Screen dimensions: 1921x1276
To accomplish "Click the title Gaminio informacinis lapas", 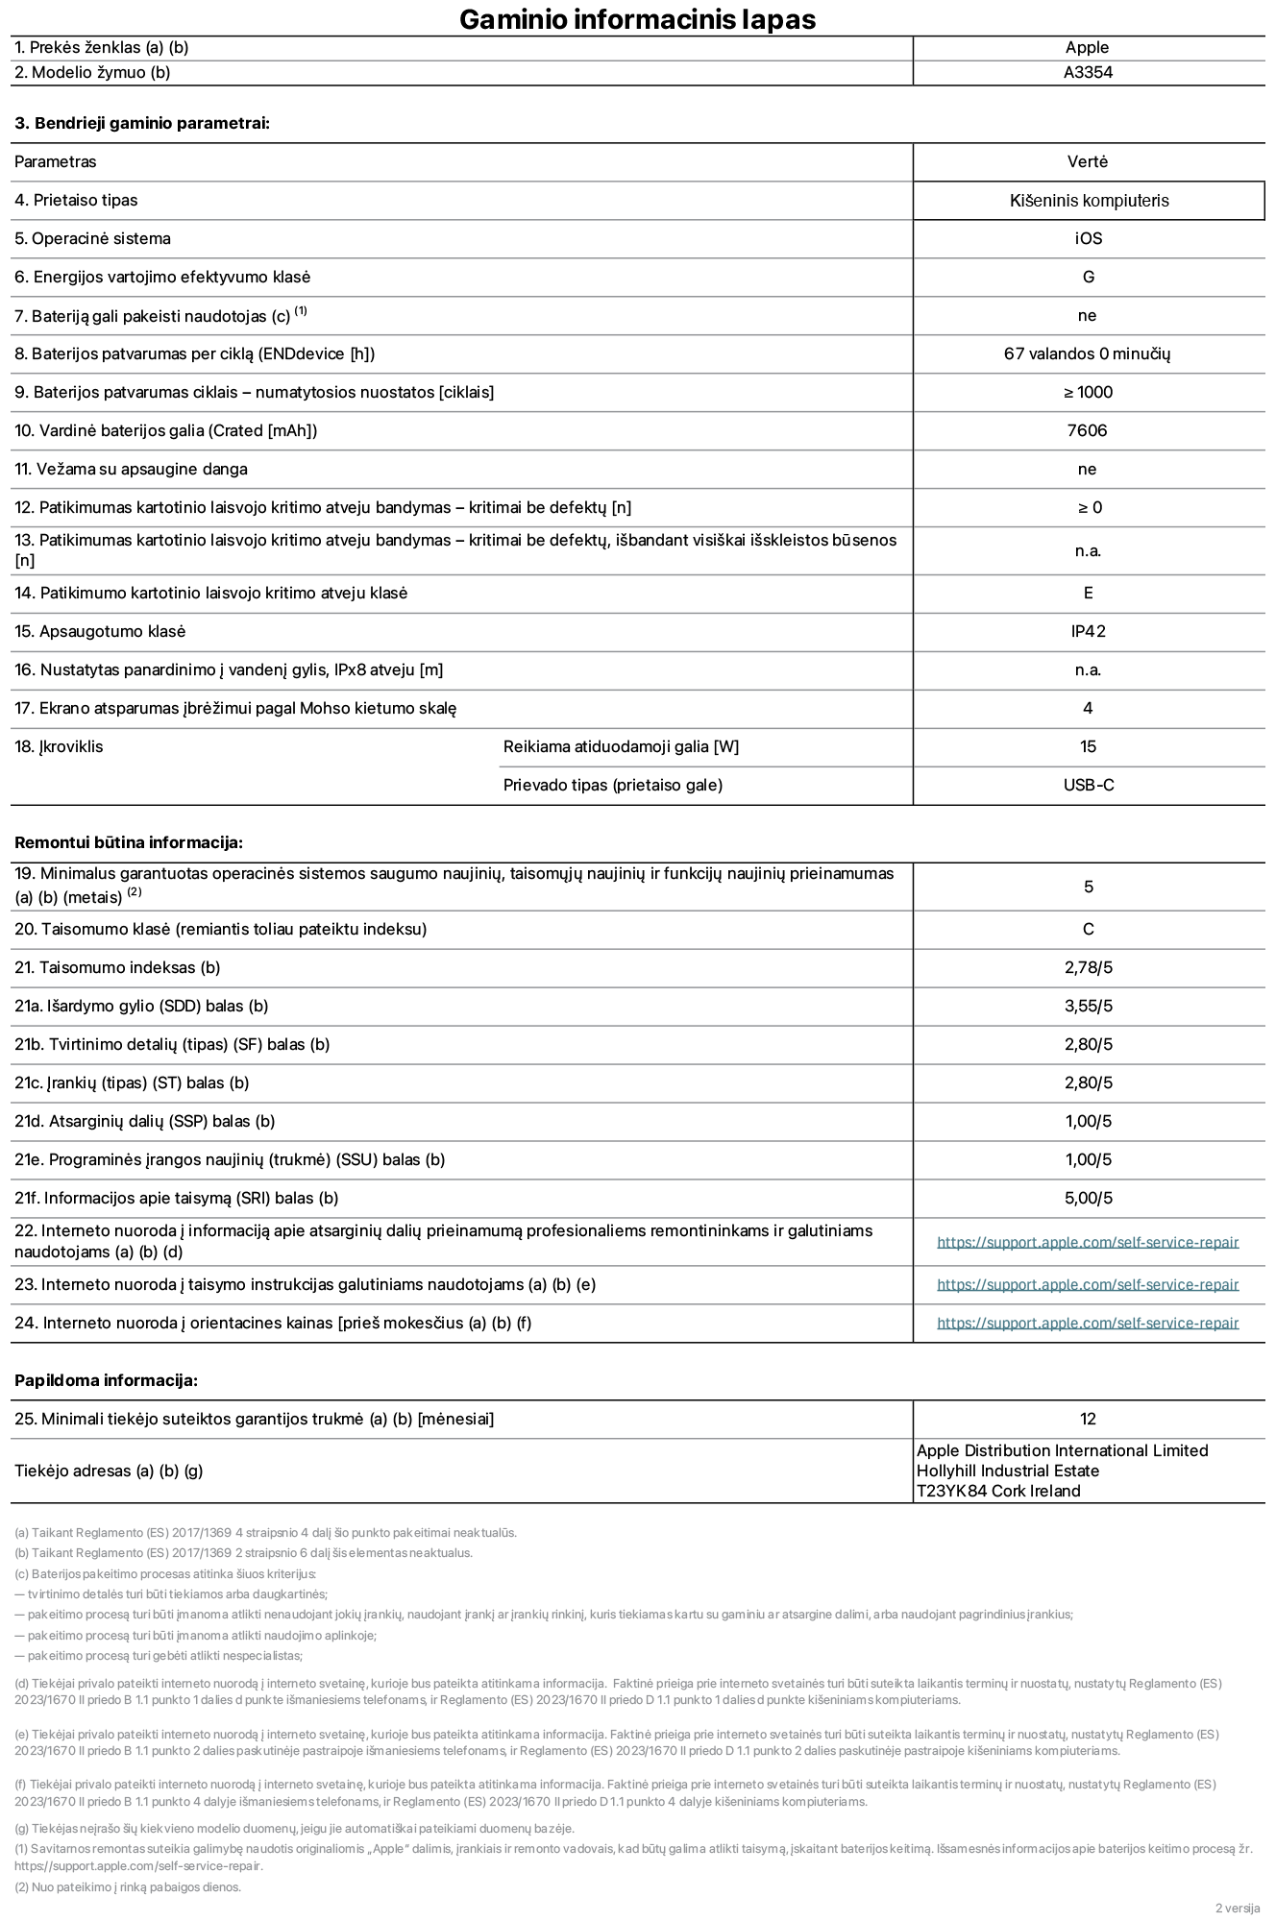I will pos(637,19).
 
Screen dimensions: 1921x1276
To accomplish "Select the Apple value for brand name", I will pos(1087,47).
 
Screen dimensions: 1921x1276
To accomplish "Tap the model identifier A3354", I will pos(1088,72).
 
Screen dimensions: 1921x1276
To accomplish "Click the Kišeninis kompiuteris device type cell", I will pos(1089,201).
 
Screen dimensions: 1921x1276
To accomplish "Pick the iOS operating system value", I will pos(1088,238).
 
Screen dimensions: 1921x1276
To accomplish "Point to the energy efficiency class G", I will pos(1088,277).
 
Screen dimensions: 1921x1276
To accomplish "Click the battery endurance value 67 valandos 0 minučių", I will pos(1087,353).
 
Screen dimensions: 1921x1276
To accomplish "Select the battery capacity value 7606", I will pos(1087,430).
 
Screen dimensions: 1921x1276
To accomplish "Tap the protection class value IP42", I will pos(1088,631).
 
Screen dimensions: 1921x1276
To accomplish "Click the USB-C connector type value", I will pos(1088,785).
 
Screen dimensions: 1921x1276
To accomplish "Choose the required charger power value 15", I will pos(1088,746).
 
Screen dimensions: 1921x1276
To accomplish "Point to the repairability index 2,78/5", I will pos(1088,967).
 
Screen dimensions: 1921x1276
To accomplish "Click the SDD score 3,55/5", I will pos(1088,1006).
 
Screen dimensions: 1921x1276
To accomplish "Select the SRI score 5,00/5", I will pos(1088,1198).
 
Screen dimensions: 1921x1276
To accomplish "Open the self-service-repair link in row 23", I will pos(1087,1284).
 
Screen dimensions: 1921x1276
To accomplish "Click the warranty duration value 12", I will pos(1088,1419).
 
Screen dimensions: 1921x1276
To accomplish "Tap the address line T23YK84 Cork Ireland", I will pos(997,1491).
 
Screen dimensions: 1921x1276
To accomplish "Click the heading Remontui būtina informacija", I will pos(128,842).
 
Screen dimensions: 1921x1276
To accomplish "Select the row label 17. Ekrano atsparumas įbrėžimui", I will pos(235,708).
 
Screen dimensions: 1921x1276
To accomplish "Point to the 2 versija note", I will pos(1237,1908).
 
